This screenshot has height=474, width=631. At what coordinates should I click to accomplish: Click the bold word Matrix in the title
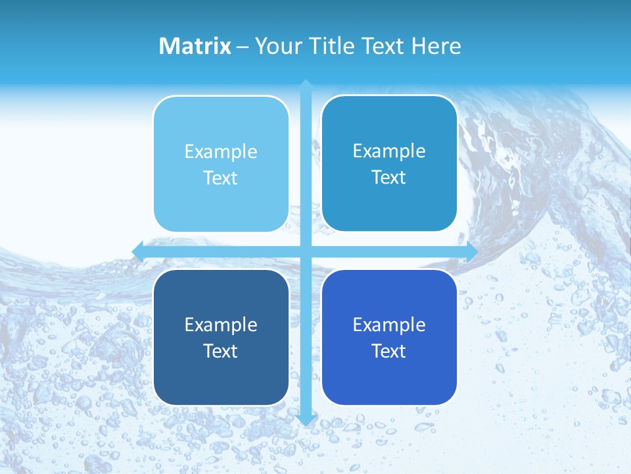195,46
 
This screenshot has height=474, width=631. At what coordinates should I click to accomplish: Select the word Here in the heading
436,46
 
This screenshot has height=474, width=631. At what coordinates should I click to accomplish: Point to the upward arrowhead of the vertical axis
306,85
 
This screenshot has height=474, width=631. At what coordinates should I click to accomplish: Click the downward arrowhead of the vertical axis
306,419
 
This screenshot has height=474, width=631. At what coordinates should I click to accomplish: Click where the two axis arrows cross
306,251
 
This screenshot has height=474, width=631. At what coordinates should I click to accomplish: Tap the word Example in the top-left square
221,151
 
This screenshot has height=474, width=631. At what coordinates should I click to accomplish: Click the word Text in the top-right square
389,178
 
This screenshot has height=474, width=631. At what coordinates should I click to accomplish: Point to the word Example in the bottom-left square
221,325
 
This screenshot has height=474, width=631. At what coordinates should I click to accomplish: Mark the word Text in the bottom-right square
389,351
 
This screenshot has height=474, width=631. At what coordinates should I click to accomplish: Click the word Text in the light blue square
221,178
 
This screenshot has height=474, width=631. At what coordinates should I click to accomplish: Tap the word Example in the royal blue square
389,325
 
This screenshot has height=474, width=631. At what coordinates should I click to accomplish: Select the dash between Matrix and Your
243,47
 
